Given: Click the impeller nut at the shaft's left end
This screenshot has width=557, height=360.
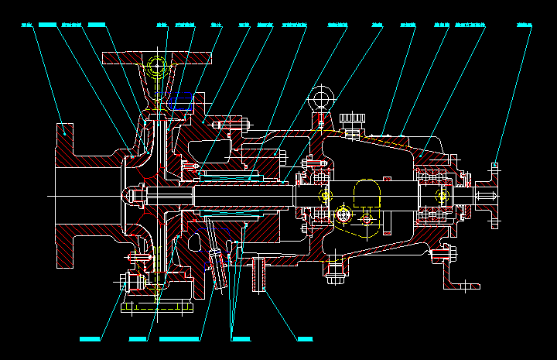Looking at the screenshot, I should [x=135, y=194].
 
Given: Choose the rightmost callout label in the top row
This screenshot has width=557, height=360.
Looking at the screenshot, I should [x=525, y=25].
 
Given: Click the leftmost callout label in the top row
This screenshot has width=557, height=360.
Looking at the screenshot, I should [x=26, y=25].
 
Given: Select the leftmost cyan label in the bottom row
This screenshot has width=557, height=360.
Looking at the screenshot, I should [x=91, y=338].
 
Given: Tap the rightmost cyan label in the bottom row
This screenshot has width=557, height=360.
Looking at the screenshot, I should [x=305, y=338].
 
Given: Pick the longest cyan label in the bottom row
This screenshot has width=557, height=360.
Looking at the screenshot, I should [x=179, y=338].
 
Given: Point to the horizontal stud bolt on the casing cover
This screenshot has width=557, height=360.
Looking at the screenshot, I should [x=229, y=123].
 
